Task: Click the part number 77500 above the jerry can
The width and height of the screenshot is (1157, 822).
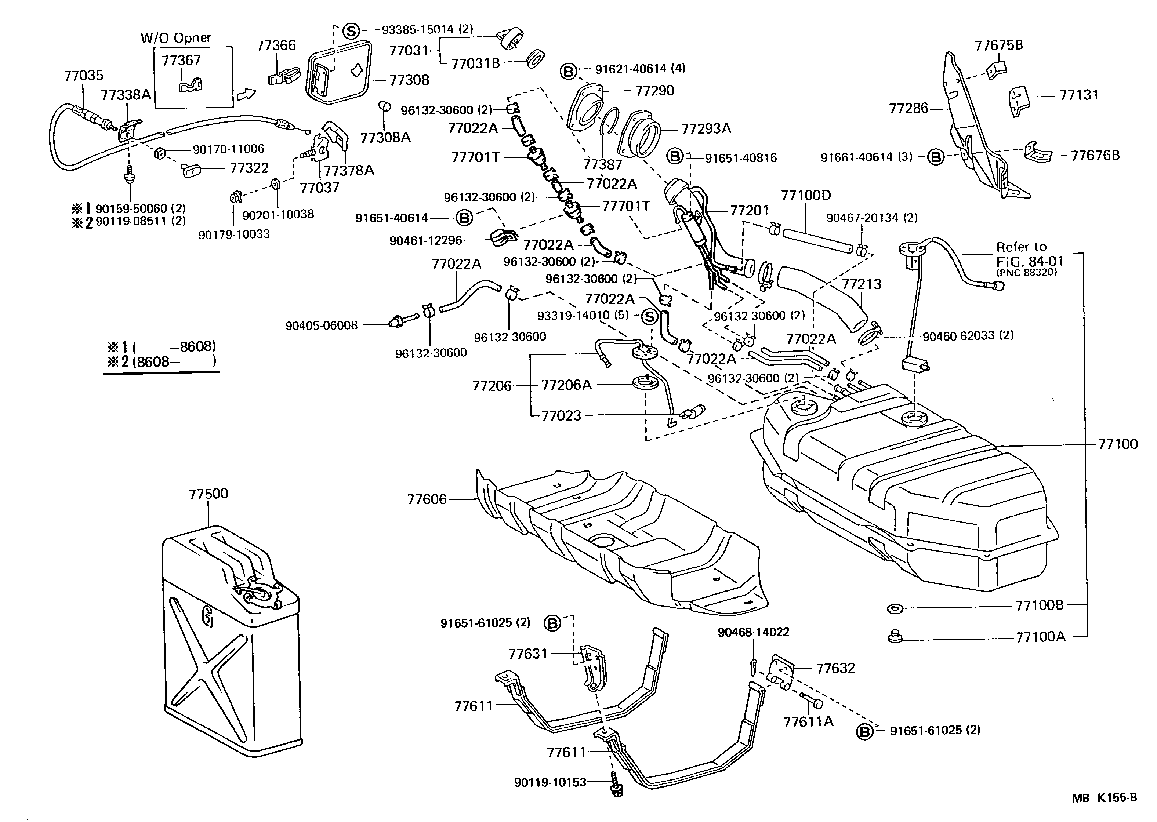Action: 208,494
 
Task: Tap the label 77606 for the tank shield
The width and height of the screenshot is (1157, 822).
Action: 427,499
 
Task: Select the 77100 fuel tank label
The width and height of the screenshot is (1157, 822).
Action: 1117,444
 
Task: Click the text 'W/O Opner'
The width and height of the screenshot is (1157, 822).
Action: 176,38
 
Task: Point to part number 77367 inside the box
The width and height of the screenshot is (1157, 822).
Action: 181,60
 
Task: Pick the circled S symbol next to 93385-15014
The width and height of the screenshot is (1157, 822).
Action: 351,30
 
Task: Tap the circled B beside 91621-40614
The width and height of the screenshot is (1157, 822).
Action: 569,71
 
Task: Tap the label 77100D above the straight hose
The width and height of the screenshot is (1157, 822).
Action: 806,195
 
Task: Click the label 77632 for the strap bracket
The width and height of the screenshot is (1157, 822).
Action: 835,668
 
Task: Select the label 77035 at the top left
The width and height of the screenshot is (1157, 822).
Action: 84,76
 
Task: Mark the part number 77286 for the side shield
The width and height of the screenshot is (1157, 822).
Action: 908,108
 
